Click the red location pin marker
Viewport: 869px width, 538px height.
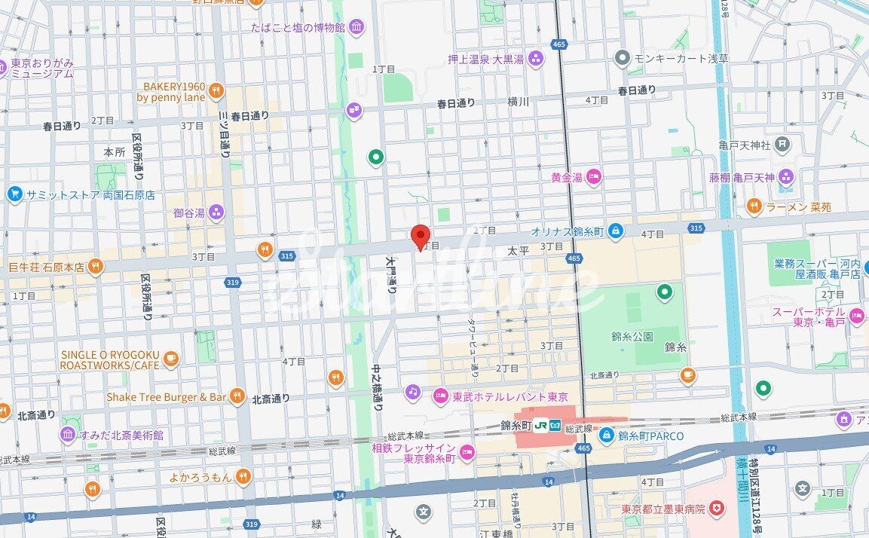pyautogui.click(x=421, y=236)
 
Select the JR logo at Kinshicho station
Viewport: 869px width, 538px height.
pyautogui.click(x=540, y=426)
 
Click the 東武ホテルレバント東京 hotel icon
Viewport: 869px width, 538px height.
pyautogui.click(x=441, y=396)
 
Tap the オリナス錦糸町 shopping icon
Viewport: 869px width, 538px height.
pyautogui.click(x=616, y=230)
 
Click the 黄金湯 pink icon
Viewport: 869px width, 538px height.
pyautogui.click(x=594, y=177)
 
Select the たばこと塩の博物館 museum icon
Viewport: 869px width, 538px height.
pyautogui.click(x=356, y=28)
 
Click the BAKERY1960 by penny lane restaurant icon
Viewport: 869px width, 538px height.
pyautogui.click(x=216, y=91)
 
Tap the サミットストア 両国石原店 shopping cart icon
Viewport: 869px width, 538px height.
pyautogui.click(x=14, y=194)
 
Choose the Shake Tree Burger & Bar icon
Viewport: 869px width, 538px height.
pyautogui.click(x=237, y=396)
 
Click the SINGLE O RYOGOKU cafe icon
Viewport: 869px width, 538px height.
pyautogui.click(x=170, y=359)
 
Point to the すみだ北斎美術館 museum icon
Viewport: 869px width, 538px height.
pyautogui.click(x=68, y=435)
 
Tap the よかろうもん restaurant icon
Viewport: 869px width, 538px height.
pyautogui.click(x=242, y=475)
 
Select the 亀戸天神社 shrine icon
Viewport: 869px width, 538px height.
pyautogui.click(x=783, y=144)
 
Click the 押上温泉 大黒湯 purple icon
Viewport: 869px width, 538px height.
pyautogui.click(x=536, y=58)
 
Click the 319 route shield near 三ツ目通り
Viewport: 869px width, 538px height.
pyautogui.click(x=234, y=282)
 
